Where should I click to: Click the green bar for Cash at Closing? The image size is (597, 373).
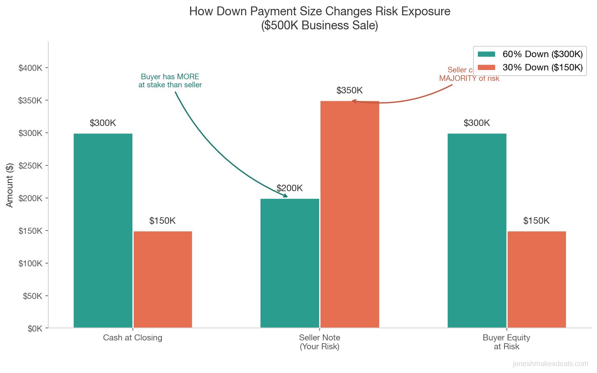103,231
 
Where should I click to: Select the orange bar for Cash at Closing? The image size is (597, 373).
163,279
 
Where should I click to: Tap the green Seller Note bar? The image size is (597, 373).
290,263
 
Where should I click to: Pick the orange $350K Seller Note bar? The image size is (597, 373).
349,214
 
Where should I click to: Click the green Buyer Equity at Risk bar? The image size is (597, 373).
477,231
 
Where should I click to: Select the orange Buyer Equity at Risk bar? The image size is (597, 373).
537,279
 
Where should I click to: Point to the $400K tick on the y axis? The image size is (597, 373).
30,68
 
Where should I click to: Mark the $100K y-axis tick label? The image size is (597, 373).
30,264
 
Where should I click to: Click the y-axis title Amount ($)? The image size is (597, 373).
10,185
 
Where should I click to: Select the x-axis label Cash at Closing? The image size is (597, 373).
132,338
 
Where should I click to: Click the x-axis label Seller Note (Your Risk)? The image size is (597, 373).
320,342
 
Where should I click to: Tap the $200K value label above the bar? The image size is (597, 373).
289,188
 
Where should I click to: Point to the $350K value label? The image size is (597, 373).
349,91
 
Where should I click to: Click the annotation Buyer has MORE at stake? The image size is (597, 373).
170,81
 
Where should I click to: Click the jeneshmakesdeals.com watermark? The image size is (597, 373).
550,364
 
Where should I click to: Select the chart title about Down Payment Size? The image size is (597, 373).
320,18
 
